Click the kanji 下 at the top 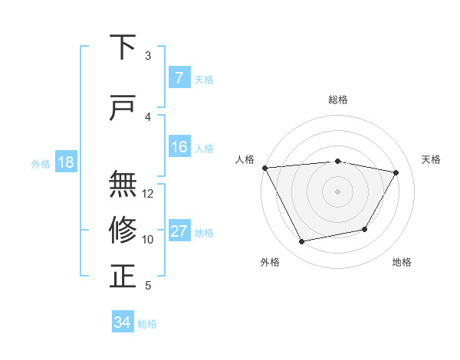tap(123, 47)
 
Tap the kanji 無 tap(123, 184)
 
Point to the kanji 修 tap(123, 229)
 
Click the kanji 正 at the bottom tap(123, 275)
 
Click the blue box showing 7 tap(179, 78)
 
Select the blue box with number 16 tap(179, 148)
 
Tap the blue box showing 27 tap(179, 232)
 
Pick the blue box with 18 tap(65, 163)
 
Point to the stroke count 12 tap(148, 194)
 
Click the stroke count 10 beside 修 tap(148, 240)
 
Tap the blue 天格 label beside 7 tap(204, 79)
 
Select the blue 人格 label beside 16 tap(204, 149)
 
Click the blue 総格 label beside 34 tap(147, 324)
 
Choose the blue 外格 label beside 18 tap(41, 164)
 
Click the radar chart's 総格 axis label tap(337, 100)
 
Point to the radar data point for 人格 tap(264, 168)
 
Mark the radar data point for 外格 tap(301, 242)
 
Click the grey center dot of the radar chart tap(337, 191)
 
